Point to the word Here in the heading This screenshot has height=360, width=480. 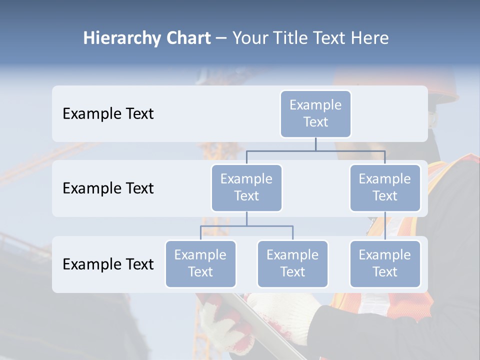370,38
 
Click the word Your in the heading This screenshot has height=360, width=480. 249,38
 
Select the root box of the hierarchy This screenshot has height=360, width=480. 315,113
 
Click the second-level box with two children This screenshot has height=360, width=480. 246,187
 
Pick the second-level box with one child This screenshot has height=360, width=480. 385,187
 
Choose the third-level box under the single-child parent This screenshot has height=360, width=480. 385,263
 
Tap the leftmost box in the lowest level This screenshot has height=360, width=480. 200,263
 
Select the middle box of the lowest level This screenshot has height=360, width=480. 292,263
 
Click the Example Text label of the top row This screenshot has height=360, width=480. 108,114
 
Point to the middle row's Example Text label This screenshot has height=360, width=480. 108,188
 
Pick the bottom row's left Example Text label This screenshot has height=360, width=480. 108,264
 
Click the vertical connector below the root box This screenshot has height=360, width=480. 315,144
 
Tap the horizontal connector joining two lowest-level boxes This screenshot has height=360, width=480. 246,226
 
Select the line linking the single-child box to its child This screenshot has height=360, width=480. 385,226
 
